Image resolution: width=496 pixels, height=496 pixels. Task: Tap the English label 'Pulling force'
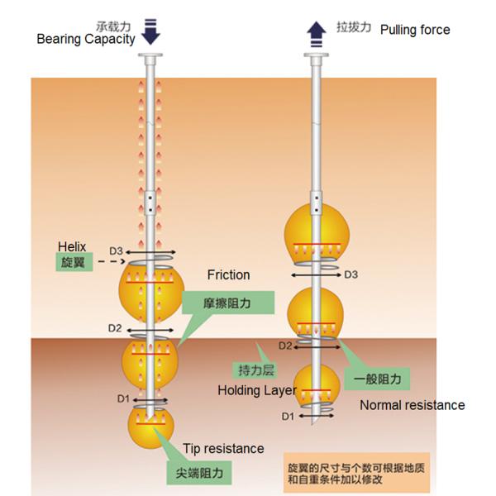(415, 30)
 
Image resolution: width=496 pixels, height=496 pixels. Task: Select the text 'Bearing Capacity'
(86, 40)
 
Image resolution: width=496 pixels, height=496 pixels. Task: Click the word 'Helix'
(72, 246)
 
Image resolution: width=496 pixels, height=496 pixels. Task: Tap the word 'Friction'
(229, 274)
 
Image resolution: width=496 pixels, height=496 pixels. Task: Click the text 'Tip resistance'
(223, 449)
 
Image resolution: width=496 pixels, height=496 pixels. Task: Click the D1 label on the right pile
(288, 415)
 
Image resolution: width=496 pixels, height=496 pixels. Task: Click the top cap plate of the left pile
(150, 59)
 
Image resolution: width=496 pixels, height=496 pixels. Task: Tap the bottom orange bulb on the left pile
(150, 425)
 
